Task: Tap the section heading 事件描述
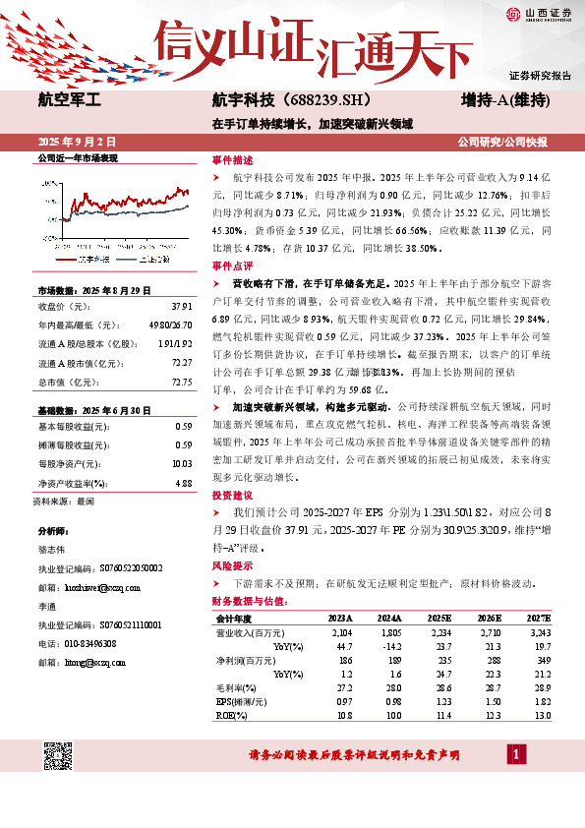232,159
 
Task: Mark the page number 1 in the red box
516,754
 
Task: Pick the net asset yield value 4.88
182,483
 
